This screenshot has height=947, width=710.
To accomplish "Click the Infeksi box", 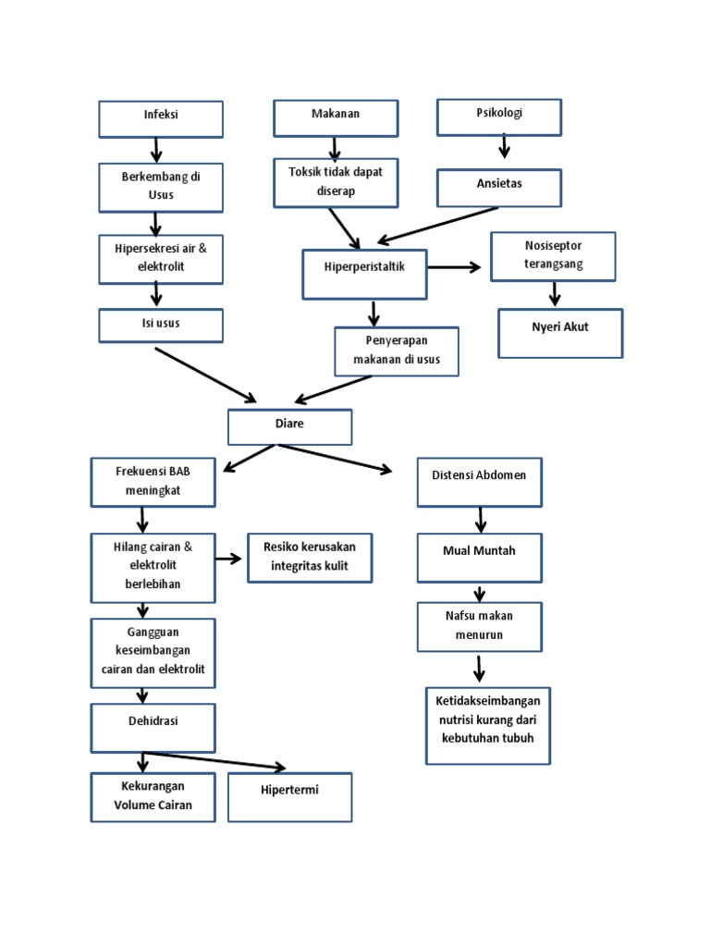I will pos(161,119).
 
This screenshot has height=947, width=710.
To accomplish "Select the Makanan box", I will pos(336,118).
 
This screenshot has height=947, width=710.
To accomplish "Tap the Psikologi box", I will pos(499,117).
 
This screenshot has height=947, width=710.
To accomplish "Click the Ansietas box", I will pos(499,187).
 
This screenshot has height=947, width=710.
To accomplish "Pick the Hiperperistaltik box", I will pos(365,274).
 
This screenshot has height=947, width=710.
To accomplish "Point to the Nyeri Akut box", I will pos(560,332).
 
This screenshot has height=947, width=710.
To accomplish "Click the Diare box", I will pos(289,426).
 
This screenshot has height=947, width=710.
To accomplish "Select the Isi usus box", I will pos(161,326).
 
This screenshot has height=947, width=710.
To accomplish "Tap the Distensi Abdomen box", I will pos(479,481).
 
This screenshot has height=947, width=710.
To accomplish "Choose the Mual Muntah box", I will pos(479,557).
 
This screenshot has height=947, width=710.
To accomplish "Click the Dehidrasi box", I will pos(153,727).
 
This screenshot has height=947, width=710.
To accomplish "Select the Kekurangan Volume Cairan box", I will pos(153,797).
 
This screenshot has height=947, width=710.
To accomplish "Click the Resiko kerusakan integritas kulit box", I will pos(310,558).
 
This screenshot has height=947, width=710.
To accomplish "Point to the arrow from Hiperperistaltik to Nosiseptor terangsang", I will pos(455,267).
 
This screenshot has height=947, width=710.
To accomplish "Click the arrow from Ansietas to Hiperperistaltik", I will pos(438,225).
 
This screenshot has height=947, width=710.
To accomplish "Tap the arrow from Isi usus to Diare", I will pos(205,375).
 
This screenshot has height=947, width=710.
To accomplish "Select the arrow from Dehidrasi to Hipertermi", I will pos(214,759).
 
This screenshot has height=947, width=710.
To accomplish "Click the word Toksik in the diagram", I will pos(305,171).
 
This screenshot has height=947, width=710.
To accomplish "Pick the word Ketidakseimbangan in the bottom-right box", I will pos(488,701).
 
